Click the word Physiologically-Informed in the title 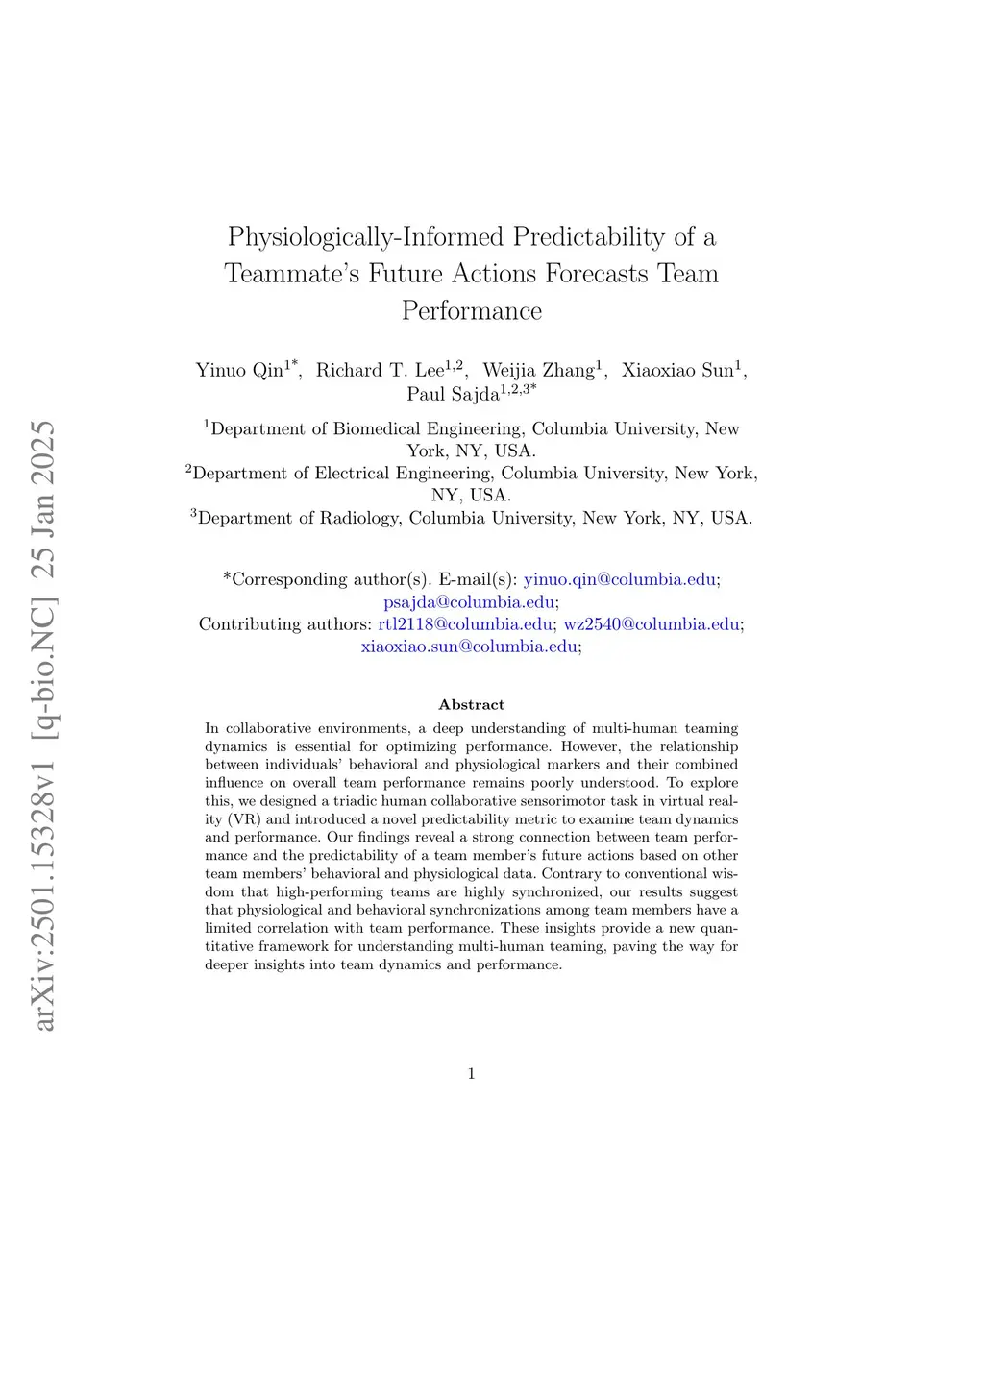(x=366, y=237)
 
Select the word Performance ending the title (x=472, y=311)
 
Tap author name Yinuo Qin (x=240, y=371)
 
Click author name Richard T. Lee (x=381, y=371)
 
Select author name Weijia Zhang (x=538, y=371)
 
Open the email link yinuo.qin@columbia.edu (x=620, y=579)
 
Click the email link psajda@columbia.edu (x=469, y=602)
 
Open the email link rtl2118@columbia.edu (x=465, y=624)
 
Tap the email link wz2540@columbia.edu (x=652, y=624)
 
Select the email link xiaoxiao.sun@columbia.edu (x=469, y=647)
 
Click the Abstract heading (x=471, y=705)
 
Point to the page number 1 (x=471, y=1074)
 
